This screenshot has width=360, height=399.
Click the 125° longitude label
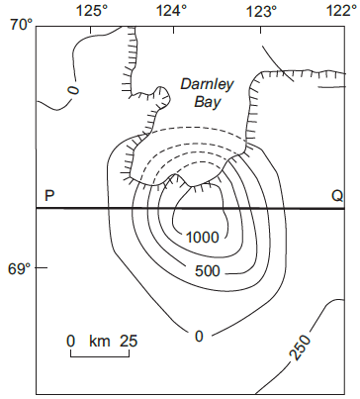[x=92, y=11]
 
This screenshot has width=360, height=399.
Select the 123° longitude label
[x=262, y=11]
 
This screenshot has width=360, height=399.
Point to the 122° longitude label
[x=343, y=11]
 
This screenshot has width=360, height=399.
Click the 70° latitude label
[x=22, y=24]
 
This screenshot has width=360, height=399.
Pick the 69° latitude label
[x=20, y=269]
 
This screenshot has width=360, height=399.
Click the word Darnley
[x=207, y=85]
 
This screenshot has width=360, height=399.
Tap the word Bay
[x=207, y=102]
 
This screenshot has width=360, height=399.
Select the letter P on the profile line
[x=49, y=196]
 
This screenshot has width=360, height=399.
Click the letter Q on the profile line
[x=337, y=196]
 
